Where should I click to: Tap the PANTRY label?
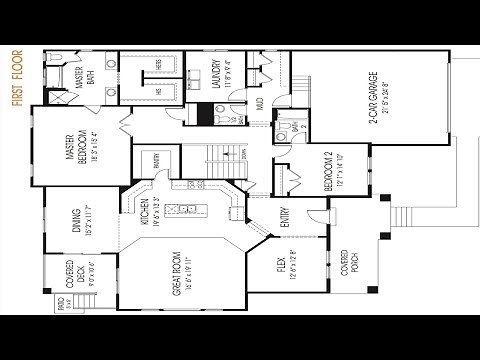157,159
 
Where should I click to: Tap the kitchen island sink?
186,209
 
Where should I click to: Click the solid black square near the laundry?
205,114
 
